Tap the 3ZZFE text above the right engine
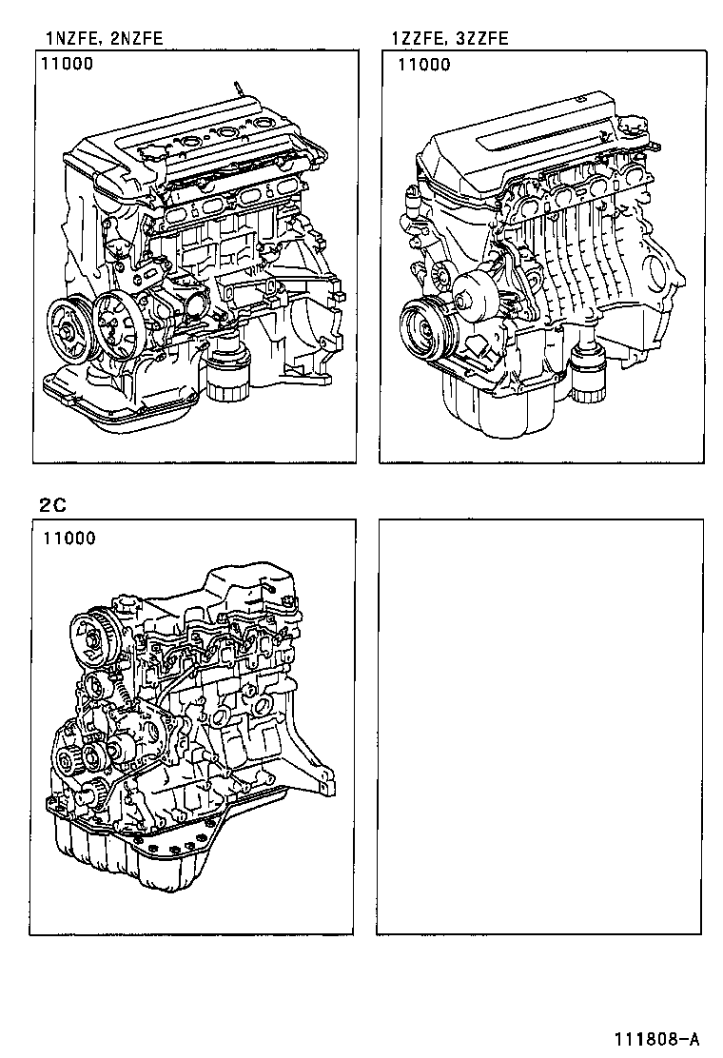(481, 39)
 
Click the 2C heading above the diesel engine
(52, 505)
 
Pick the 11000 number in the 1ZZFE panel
(423, 66)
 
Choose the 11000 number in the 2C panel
(68, 539)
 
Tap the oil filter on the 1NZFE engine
(225, 381)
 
